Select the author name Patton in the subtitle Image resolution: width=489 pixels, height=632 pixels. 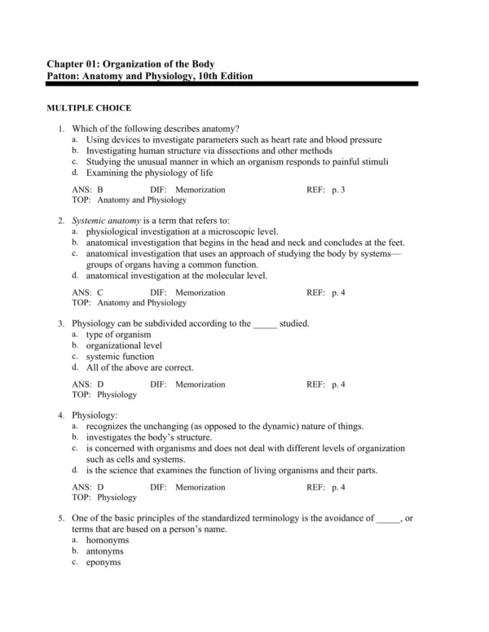[x=64, y=76]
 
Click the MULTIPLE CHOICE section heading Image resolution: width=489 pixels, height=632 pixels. [x=88, y=108]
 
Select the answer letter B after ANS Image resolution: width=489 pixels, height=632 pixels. [x=100, y=189]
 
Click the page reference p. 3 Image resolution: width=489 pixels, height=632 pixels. [x=337, y=189]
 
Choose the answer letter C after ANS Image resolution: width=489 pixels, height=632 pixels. [x=100, y=292]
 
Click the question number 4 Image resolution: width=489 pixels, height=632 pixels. [x=61, y=415]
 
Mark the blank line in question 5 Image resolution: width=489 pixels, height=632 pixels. [x=389, y=518]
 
